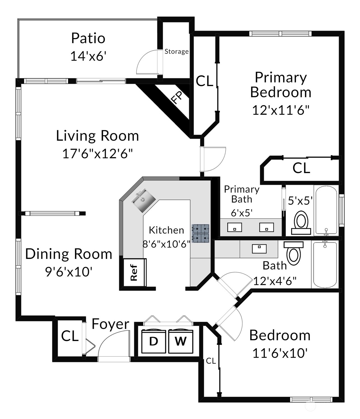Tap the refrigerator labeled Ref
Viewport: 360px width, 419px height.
click(x=134, y=272)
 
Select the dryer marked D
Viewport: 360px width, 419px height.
click(x=154, y=341)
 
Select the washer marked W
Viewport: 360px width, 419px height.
click(x=181, y=341)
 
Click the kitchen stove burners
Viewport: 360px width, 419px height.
click(x=200, y=234)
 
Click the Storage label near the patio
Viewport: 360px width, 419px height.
click(x=176, y=51)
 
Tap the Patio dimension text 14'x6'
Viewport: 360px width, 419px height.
click(x=88, y=56)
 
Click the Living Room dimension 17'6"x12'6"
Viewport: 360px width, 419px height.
click(x=97, y=154)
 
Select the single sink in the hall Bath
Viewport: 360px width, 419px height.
click(x=259, y=248)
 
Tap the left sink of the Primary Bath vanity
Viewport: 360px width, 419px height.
click(x=234, y=227)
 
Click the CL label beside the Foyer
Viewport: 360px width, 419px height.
click(x=70, y=336)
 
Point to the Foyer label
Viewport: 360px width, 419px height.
click(x=110, y=324)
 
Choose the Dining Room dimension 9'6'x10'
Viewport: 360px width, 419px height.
click(x=69, y=271)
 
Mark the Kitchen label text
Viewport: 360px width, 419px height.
click(x=166, y=230)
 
